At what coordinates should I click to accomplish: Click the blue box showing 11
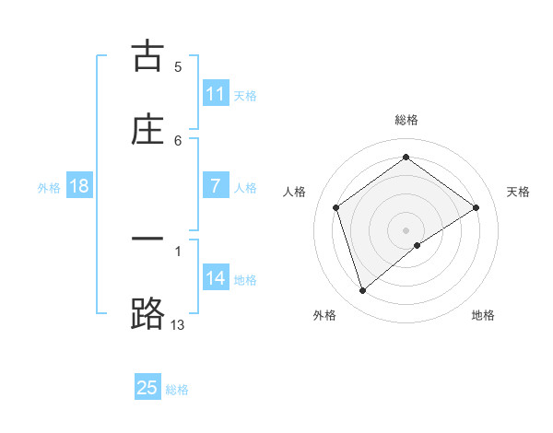click(216, 94)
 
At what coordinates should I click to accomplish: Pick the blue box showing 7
click(216, 186)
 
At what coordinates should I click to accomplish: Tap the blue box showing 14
click(216, 278)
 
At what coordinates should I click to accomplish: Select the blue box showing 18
click(79, 186)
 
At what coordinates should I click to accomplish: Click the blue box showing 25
click(147, 388)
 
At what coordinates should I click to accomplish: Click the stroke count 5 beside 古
click(178, 66)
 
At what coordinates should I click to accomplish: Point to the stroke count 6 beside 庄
click(178, 140)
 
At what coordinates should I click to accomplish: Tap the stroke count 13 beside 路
click(178, 324)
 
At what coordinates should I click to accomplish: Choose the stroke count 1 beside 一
click(178, 251)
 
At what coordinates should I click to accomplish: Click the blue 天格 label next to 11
click(245, 95)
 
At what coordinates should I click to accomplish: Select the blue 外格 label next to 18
click(49, 187)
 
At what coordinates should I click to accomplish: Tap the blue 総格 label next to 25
click(177, 389)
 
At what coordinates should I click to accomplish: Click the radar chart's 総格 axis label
click(406, 120)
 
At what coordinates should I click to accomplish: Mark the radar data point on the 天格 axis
click(477, 207)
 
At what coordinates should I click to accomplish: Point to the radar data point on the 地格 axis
click(418, 245)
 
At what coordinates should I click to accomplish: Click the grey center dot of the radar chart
click(406, 229)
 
